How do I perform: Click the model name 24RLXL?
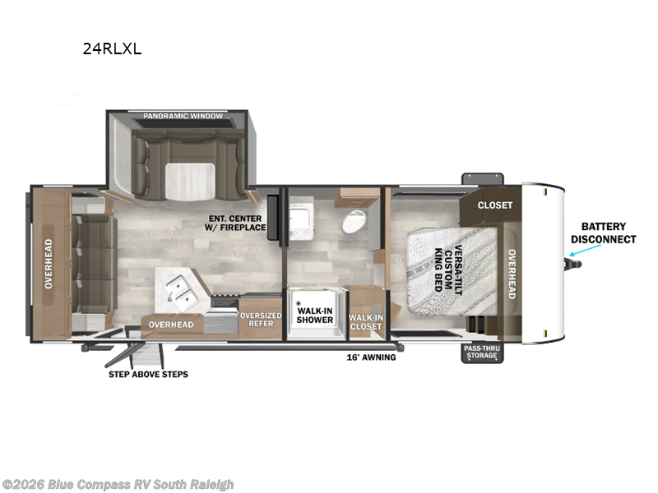112,49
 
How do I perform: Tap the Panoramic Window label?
183,116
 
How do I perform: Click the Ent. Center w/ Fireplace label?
235,223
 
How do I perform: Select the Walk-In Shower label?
315,316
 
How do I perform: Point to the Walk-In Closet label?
366,322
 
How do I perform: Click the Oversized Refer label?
261,320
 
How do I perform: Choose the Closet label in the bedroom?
495,205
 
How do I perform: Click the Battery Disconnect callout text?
604,233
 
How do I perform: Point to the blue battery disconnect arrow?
585,250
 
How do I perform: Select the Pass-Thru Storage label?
482,352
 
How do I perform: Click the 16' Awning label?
371,357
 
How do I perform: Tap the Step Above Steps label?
148,375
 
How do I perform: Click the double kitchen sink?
181,292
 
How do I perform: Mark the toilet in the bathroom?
353,221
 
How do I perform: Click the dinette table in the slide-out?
190,182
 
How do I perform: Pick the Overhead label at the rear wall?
49,264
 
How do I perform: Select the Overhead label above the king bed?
512,274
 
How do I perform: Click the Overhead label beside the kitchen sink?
171,325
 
